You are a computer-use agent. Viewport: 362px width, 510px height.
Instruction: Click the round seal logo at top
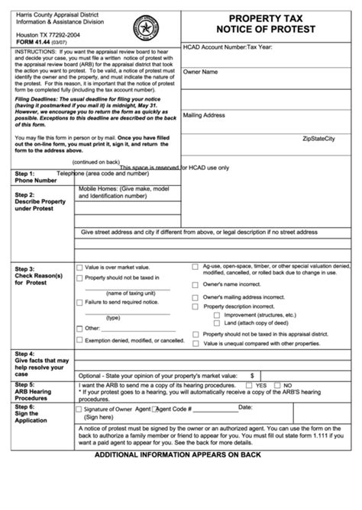coord(142,22)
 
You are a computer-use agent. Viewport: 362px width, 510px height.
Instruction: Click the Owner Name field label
coord(201,72)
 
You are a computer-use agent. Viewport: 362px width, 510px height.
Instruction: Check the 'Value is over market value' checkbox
coord(79,268)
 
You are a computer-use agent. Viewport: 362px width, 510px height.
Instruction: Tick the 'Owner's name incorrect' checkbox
coord(196,283)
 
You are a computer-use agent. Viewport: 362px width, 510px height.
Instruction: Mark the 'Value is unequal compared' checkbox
coord(196,343)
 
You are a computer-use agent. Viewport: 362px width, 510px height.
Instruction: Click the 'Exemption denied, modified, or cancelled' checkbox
coord(79,339)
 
